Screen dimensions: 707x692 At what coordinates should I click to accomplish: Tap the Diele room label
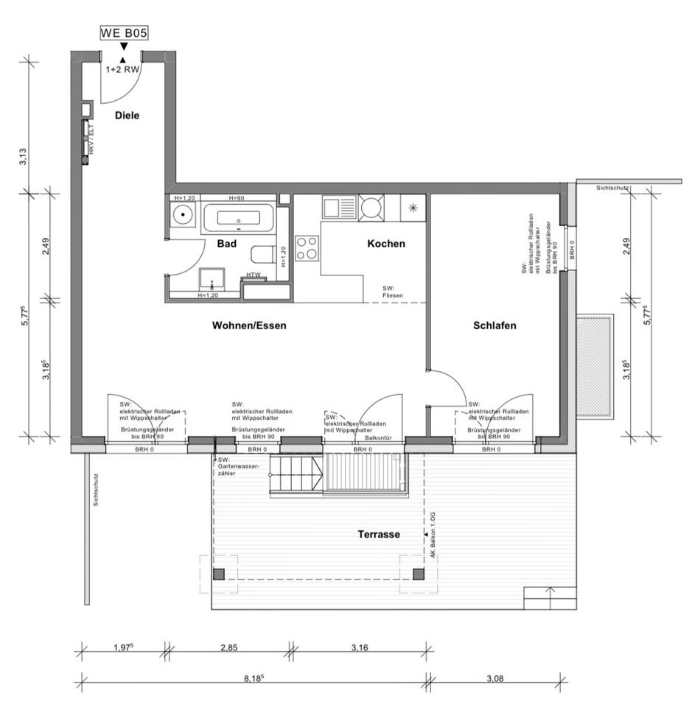tap(127, 115)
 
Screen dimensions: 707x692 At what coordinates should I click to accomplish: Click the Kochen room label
tap(386, 244)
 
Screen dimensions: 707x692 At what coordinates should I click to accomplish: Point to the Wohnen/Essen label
tap(249, 325)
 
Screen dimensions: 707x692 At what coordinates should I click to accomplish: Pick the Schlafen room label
tap(494, 325)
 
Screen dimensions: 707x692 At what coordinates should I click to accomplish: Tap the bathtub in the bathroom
tap(238, 218)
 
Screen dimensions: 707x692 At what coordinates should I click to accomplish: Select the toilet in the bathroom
tap(261, 255)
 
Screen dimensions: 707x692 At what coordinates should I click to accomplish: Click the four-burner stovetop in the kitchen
tap(307, 247)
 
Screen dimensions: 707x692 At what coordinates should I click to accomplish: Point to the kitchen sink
tap(339, 208)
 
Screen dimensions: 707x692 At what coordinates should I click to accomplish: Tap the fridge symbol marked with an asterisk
tap(414, 208)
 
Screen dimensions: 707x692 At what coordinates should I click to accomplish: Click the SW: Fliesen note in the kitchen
tap(391, 292)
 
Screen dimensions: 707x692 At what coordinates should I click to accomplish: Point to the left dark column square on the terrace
tap(218, 574)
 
